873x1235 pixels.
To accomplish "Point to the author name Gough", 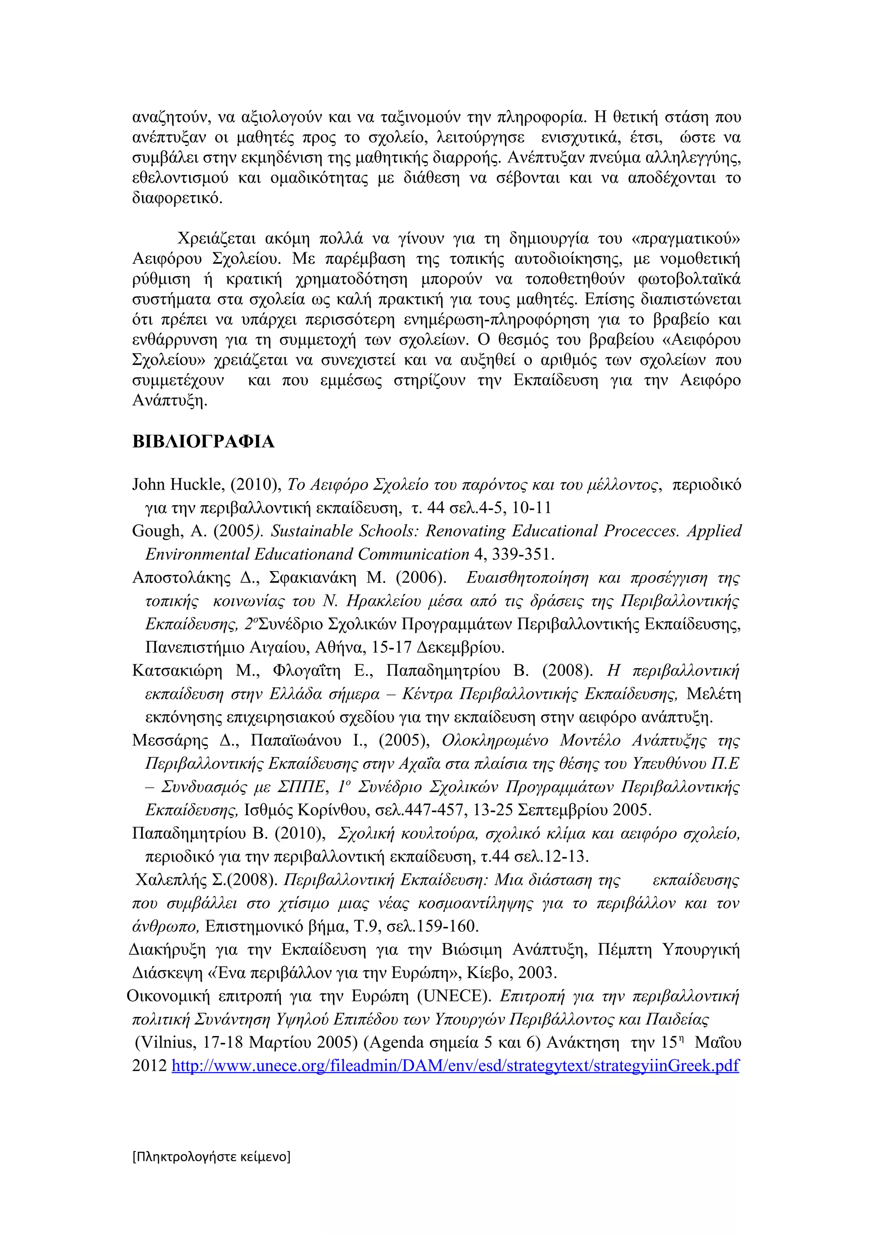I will click(156, 531).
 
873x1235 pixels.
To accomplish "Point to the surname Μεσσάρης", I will click(170, 741).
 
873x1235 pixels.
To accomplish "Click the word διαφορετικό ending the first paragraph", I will click(176, 198).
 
